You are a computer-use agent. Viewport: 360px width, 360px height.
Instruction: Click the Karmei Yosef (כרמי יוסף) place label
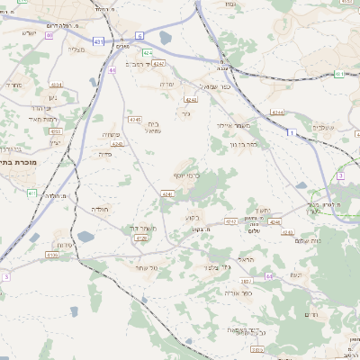[186, 175]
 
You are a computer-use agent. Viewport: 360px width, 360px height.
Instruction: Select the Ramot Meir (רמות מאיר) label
[41, 119]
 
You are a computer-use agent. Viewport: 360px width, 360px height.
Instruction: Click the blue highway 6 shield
[139, 35]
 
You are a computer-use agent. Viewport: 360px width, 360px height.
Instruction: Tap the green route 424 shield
[147, 52]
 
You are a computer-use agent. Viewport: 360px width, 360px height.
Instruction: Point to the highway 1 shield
[291, 132]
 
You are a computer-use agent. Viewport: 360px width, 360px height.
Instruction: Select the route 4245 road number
[134, 119]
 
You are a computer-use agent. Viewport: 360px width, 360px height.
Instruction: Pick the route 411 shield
[31, 193]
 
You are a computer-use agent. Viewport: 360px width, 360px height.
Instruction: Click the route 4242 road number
[231, 220]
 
